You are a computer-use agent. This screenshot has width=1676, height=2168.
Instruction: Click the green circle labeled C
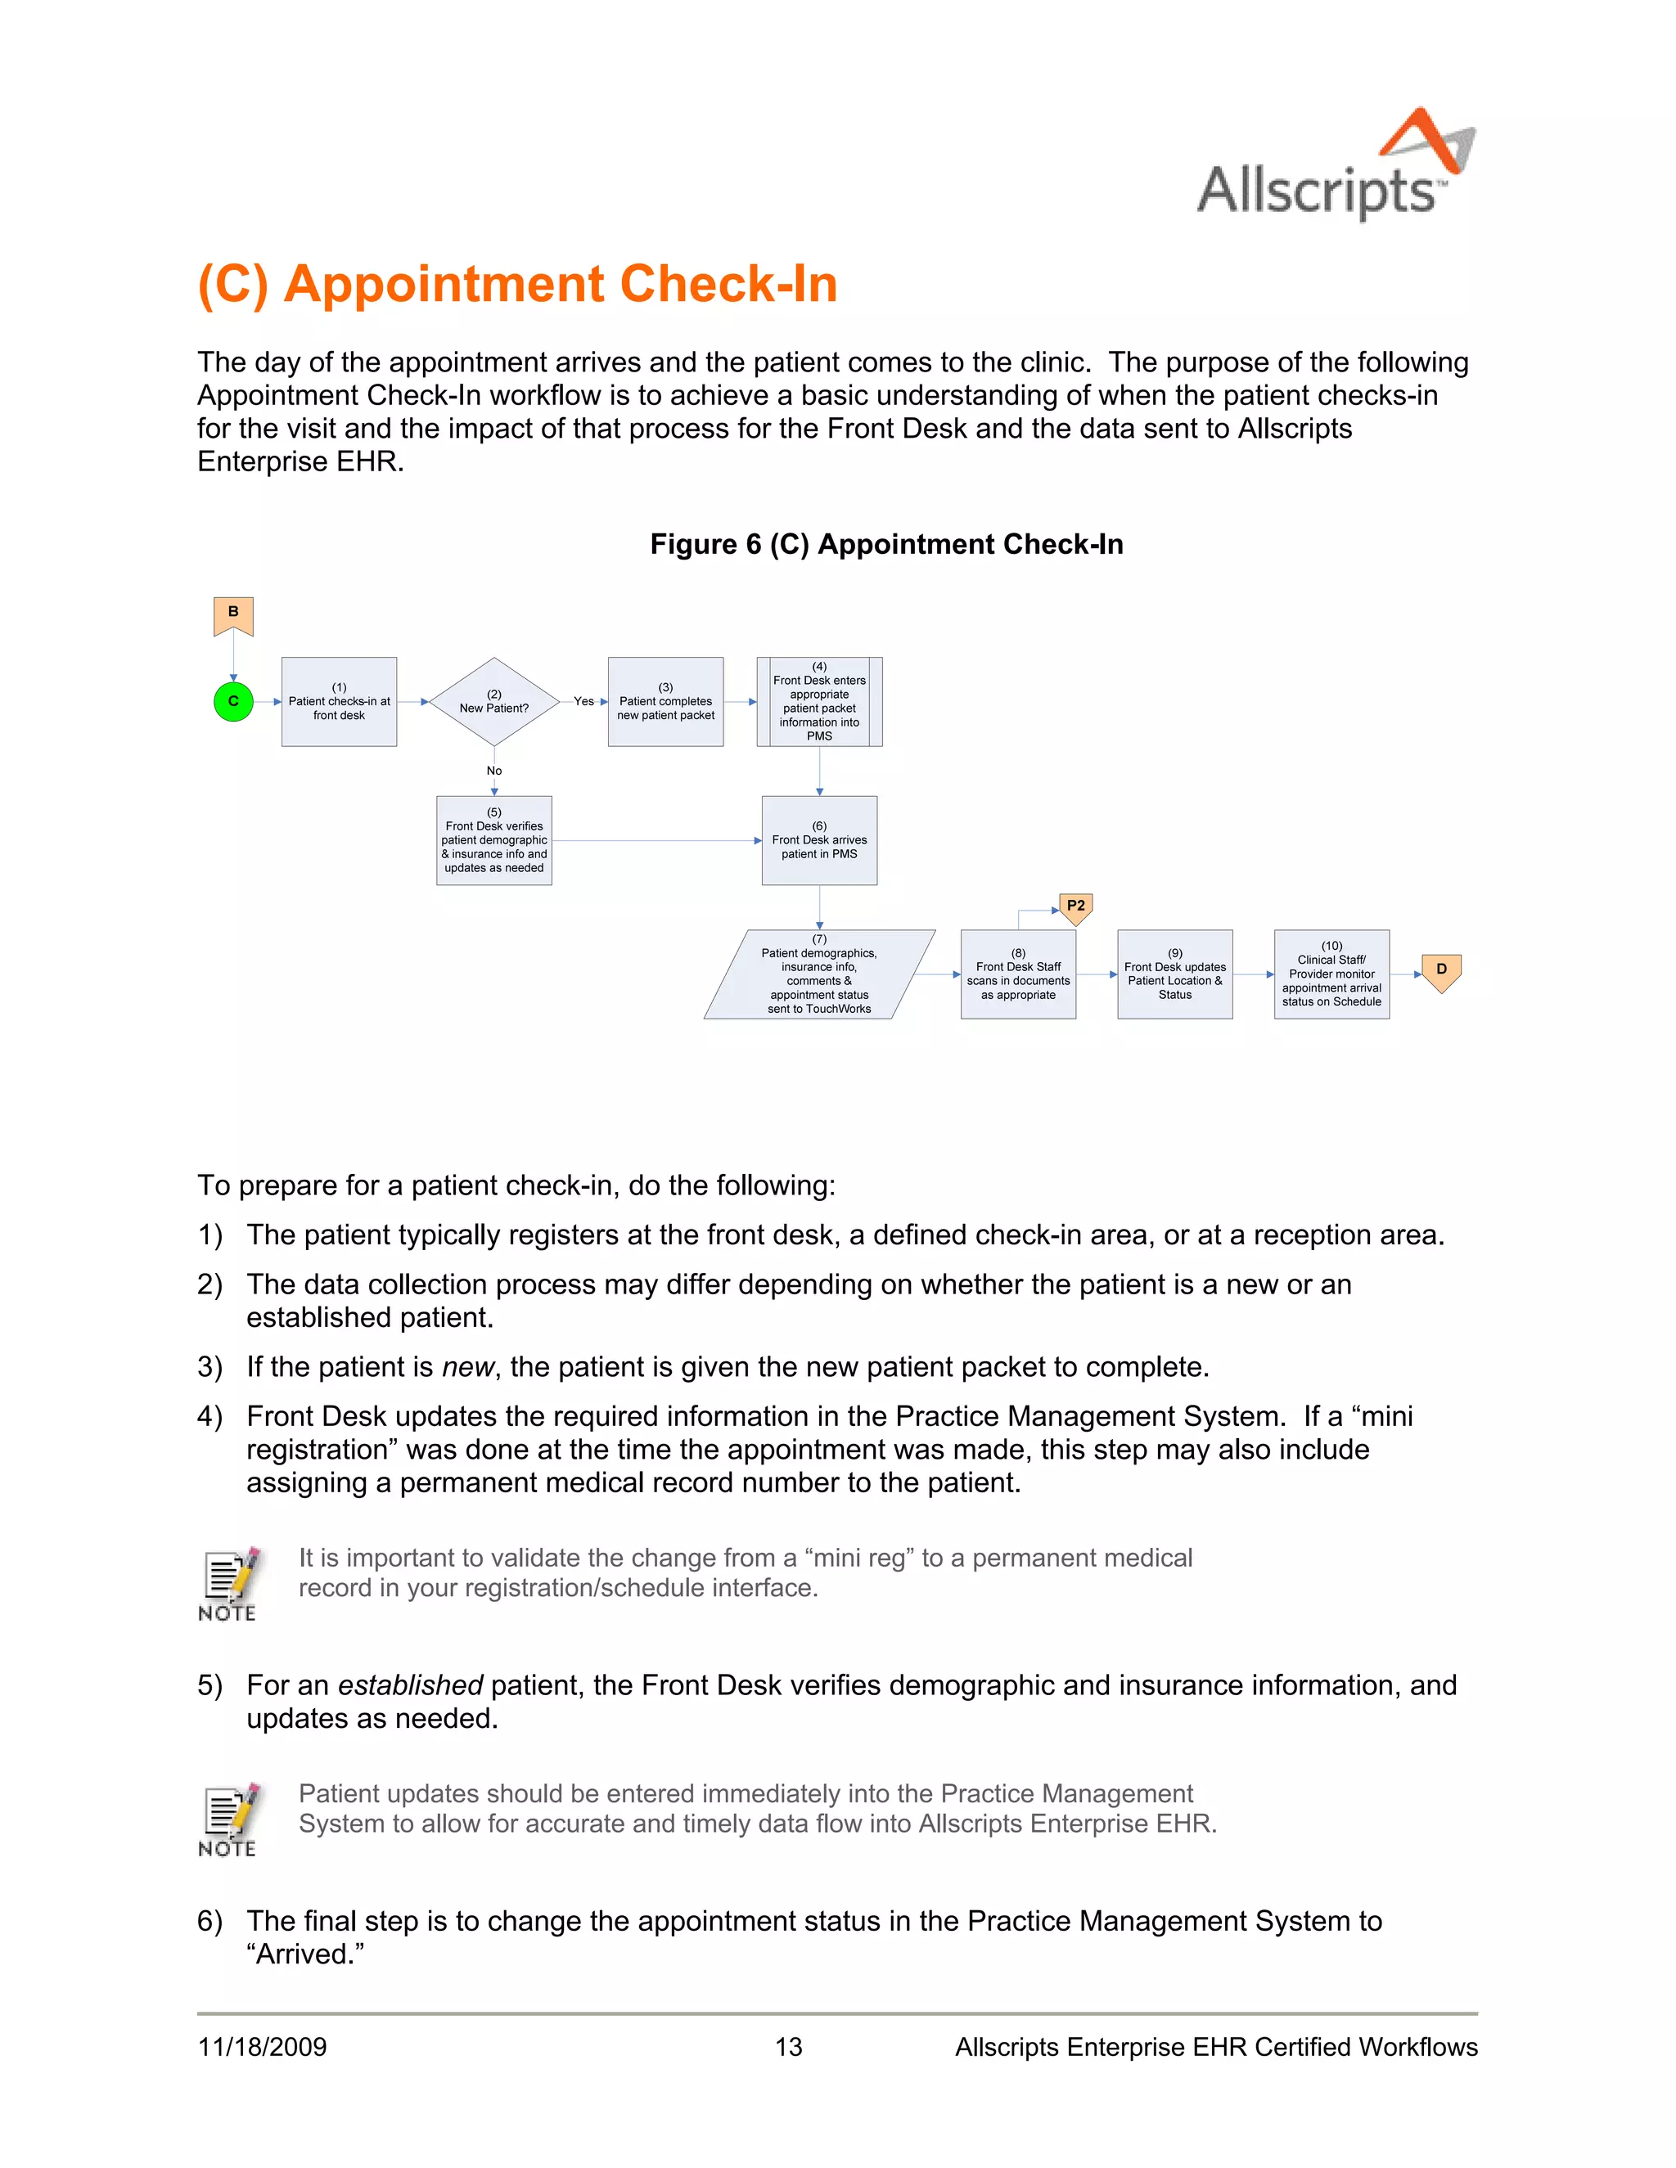[233, 701]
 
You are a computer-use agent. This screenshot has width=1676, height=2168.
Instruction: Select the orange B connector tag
[233, 614]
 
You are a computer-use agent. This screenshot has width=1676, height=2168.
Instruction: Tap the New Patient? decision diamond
[493, 702]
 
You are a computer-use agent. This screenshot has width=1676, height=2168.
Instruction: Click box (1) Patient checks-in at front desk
[339, 702]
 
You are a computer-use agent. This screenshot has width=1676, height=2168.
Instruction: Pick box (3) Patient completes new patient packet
[665, 702]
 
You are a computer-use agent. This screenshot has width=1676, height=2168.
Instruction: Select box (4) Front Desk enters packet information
[819, 702]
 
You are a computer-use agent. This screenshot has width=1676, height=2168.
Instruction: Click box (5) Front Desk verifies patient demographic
[493, 840]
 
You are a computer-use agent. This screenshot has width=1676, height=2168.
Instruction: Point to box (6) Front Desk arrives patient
[819, 840]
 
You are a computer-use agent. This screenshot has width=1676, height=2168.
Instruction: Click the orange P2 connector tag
[1075, 907]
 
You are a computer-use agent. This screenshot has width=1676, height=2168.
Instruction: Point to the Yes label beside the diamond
[583, 701]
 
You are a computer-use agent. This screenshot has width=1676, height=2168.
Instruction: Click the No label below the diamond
[493, 771]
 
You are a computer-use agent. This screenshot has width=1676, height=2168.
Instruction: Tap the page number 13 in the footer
[788, 2047]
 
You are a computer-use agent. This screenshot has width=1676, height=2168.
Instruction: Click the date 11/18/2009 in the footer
[262, 2047]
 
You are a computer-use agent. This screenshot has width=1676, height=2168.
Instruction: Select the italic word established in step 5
[410, 1685]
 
